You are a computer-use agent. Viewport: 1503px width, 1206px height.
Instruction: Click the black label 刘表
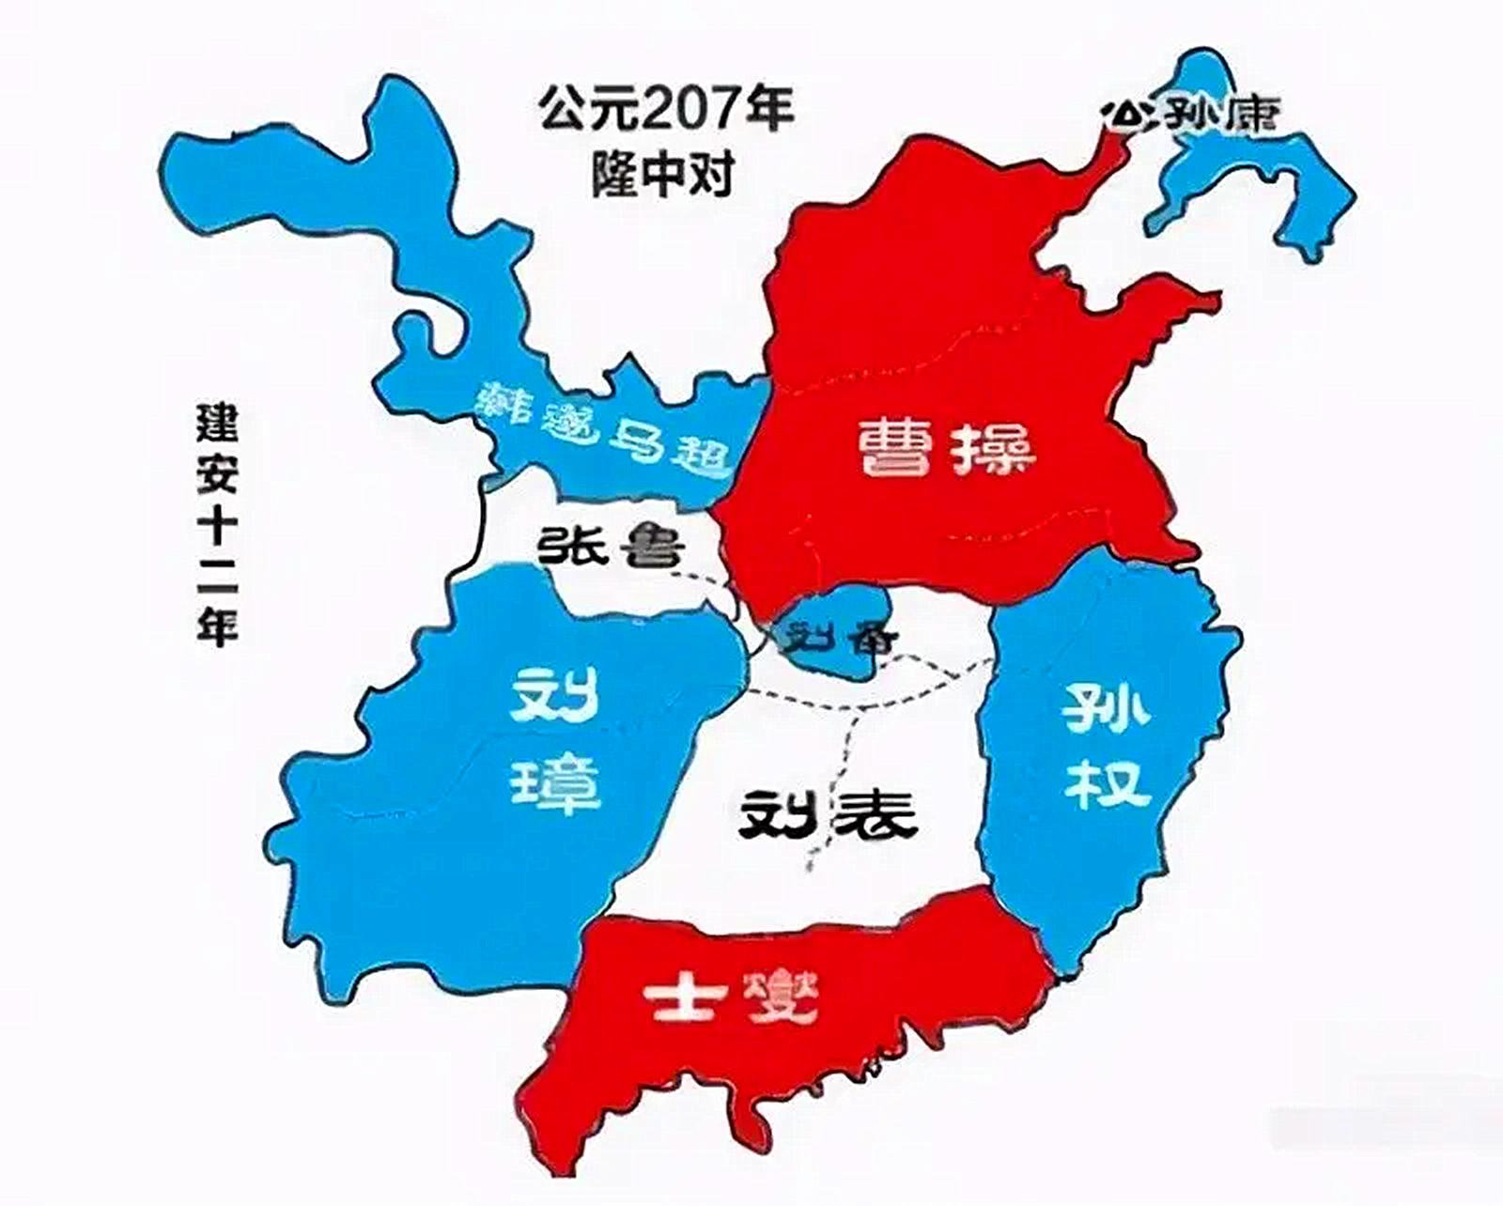click(827, 815)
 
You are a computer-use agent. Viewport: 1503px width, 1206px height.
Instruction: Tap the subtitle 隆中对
click(662, 173)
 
